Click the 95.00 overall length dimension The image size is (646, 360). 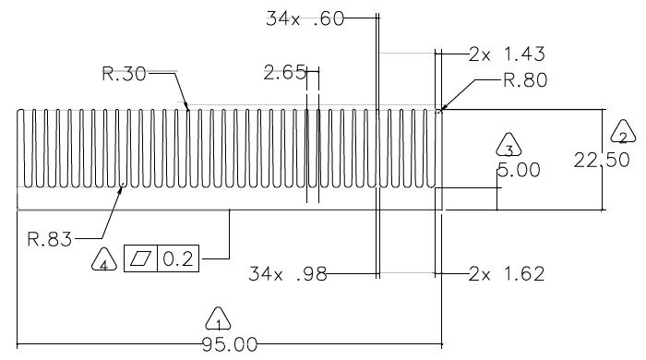230,344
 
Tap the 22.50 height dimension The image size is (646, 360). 602,160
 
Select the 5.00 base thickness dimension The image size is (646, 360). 519,170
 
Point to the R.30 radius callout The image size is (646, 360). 124,74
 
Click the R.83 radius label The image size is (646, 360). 50,239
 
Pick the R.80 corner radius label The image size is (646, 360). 525,80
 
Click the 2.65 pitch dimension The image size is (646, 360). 285,73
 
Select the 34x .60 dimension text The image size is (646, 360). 305,19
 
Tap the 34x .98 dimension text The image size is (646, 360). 288,274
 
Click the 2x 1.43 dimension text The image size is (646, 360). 507,54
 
